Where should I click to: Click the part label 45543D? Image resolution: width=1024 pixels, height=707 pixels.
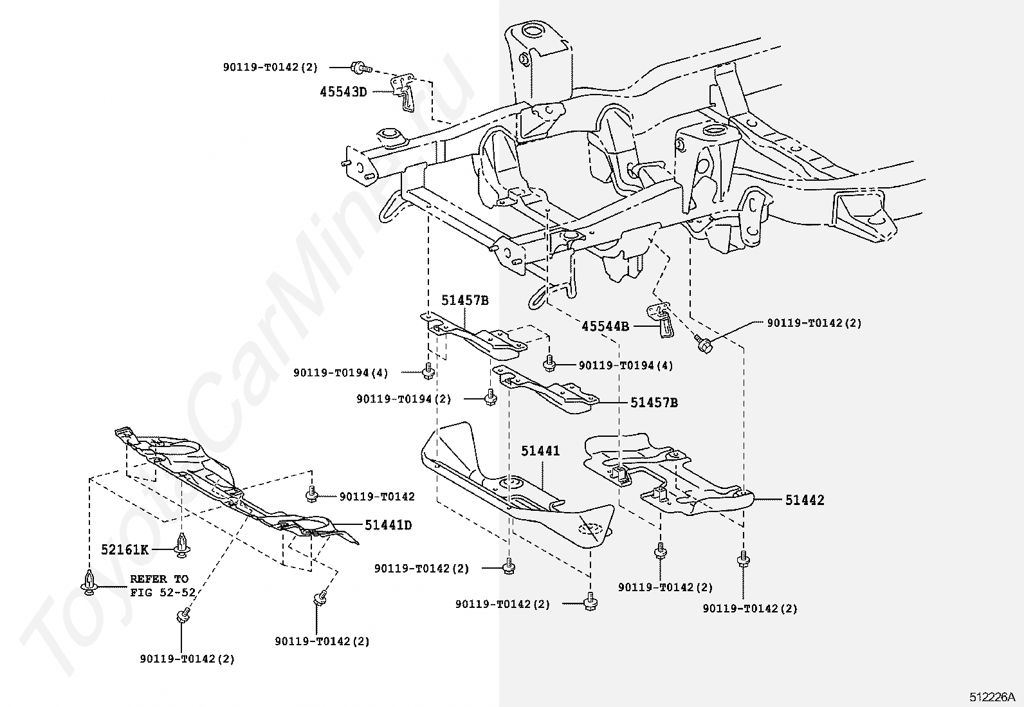(343, 92)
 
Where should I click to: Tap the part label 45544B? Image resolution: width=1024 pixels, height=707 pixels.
(605, 326)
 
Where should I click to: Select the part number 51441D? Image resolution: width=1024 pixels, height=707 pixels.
(388, 525)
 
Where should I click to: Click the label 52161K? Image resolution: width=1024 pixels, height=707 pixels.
(125, 549)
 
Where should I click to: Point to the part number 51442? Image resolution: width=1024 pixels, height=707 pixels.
(805, 500)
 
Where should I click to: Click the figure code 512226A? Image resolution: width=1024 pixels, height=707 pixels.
(992, 697)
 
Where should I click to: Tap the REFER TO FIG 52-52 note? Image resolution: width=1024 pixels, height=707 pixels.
(163, 585)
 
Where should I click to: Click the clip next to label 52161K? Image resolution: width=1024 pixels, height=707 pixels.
(183, 545)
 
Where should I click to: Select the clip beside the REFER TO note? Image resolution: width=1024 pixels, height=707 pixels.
(89, 582)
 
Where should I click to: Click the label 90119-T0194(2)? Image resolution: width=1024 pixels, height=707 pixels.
(404, 399)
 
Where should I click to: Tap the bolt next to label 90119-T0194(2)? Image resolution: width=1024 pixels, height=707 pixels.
(491, 397)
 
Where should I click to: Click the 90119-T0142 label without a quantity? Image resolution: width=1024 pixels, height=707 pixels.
(377, 497)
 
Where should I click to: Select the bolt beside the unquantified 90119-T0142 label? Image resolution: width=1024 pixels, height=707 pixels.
(311, 494)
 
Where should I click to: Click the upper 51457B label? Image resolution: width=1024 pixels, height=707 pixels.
(465, 300)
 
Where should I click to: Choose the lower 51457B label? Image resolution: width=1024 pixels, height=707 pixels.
(654, 403)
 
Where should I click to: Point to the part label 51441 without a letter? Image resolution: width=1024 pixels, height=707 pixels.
(540, 451)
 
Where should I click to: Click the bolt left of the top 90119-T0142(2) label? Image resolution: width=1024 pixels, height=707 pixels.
(360, 68)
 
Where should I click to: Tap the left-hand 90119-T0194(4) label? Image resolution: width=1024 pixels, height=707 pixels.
(340, 373)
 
